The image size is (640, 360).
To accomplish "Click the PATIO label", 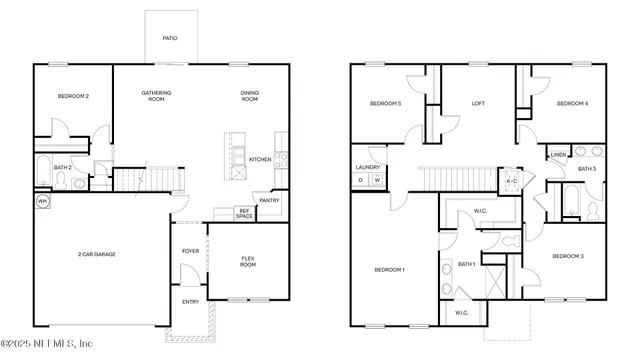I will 171,39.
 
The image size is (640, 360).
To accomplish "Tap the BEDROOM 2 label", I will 74,96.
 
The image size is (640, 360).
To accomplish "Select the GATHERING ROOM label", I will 156,96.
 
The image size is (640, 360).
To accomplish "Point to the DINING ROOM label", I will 249,96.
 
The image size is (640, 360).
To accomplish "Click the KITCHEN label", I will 260,159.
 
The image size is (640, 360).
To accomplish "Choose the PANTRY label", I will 269,200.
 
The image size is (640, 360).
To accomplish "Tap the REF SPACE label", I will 244,213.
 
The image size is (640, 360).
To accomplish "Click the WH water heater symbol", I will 42,202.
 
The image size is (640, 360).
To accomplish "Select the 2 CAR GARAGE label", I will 97,254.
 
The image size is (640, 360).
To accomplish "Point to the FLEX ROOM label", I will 249,262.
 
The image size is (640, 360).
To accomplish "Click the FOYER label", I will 190,251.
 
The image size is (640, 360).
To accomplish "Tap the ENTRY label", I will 190,301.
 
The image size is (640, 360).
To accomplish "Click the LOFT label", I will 478,103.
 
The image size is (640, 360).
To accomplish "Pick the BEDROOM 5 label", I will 385,103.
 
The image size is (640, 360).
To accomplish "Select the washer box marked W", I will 377,180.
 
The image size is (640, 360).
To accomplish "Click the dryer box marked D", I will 361,180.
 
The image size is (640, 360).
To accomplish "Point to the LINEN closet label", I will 558,155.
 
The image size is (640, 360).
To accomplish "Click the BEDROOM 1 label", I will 389,269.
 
